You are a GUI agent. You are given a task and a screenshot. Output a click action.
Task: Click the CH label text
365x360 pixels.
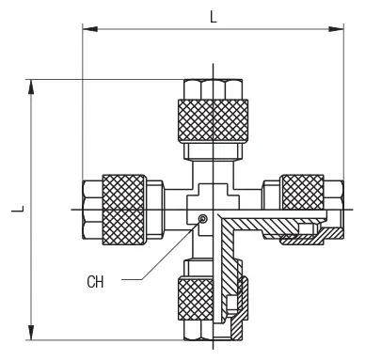point(95,282)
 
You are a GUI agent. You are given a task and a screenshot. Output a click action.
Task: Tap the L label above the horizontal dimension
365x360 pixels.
point(214,17)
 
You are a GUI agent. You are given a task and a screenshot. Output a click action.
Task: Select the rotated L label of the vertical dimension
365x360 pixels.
point(18,209)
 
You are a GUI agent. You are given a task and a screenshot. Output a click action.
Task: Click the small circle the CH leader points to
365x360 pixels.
point(203,218)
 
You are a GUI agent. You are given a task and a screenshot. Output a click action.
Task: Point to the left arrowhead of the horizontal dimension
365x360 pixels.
point(89,29)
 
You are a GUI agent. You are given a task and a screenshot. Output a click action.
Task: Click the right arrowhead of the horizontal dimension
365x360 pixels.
point(336,29)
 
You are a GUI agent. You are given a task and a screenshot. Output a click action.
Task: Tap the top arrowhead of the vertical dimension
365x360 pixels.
point(31,86)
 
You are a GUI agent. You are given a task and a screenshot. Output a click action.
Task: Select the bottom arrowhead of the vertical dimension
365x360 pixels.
point(31,333)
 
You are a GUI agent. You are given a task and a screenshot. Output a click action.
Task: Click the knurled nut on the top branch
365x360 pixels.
point(213,120)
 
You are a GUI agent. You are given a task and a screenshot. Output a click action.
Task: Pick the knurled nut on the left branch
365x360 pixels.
point(124,210)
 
